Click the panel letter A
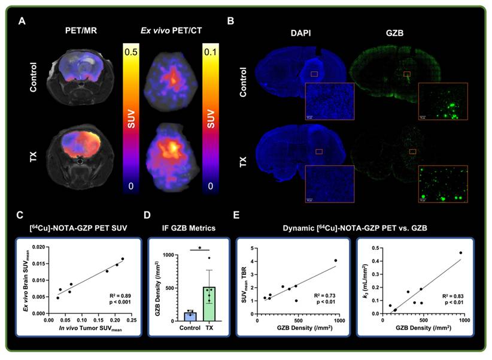pyautogui.click(x=22, y=22)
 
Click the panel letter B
pyautogui.click(x=230, y=22)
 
